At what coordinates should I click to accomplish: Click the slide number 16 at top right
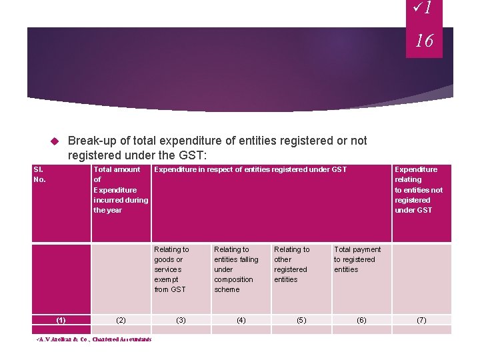424,41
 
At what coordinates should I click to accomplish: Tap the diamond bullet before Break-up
55,141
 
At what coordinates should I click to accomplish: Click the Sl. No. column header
39,175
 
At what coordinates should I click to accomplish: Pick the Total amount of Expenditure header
120,189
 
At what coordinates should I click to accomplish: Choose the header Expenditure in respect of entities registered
250,170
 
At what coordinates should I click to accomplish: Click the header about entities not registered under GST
418,189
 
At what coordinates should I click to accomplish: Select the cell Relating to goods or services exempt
171,269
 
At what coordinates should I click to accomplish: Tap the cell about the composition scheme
235,269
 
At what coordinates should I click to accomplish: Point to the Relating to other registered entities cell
291,265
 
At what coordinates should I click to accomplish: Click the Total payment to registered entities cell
357,259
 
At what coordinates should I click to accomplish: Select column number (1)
61,320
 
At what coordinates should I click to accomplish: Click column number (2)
121,320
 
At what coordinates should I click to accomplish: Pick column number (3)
180,320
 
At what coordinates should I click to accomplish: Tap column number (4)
241,320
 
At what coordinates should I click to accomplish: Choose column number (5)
301,320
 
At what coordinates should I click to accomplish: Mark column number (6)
361,320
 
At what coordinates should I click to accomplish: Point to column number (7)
421,320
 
